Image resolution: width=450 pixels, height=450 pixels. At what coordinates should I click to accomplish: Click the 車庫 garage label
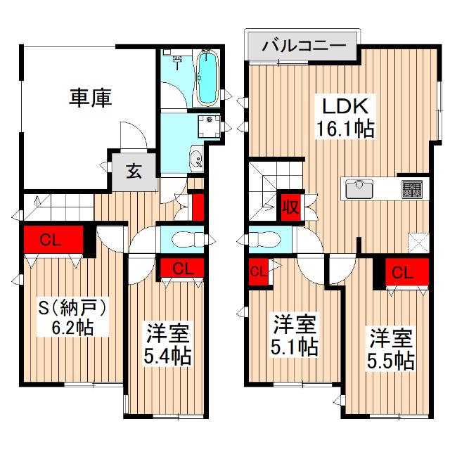90,98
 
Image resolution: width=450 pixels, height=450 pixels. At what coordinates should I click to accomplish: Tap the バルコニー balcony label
304,46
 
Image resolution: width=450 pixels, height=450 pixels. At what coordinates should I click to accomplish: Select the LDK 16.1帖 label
345,117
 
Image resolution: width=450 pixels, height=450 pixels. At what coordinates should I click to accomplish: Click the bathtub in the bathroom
207,77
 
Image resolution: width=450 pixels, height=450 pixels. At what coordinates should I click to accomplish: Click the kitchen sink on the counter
359,189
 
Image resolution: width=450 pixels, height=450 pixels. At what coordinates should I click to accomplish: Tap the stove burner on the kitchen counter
412,189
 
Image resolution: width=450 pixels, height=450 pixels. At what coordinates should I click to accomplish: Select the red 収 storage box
290,207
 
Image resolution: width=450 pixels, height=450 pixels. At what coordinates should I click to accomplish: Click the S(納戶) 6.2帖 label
72,316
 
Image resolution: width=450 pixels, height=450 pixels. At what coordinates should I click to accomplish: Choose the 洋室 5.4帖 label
167,344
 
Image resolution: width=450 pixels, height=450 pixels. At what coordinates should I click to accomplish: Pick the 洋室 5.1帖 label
295,335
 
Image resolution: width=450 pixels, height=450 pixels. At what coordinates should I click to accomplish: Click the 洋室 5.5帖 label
391,349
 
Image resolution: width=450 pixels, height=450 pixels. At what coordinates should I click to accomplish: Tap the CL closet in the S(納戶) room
53,239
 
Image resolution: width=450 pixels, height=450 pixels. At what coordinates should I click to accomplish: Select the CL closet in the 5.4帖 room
182,268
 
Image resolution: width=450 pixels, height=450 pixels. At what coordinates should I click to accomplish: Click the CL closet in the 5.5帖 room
407,272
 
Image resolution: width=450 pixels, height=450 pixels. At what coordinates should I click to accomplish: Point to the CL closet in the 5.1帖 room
258,271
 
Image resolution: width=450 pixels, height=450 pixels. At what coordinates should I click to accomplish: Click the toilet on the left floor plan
188,239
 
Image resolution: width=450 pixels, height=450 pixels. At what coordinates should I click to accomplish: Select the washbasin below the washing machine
196,159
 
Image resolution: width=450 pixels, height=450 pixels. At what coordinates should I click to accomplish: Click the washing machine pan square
210,126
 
